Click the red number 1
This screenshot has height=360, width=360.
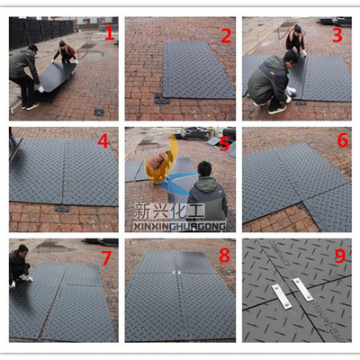(x=110, y=32)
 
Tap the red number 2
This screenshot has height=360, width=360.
(x=226, y=36)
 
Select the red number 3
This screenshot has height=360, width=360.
(x=337, y=35)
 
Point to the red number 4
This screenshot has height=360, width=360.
(x=103, y=141)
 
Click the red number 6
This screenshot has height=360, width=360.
(x=343, y=140)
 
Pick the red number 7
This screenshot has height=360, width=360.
(x=106, y=258)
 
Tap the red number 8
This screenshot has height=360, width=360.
(x=224, y=256)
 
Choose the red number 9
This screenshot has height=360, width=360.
(x=340, y=256)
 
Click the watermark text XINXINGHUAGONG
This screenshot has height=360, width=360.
(x=179, y=226)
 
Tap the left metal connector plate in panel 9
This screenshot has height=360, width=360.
(x=282, y=296)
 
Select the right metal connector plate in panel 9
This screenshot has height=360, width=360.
(x=303, y=289)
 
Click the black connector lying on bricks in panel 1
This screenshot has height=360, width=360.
(x=99, y=112)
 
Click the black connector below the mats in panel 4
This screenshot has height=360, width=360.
(x=62, y=209)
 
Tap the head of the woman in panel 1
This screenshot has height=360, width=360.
(x=62, y=43)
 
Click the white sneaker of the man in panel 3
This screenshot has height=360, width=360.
(x=277, y=109)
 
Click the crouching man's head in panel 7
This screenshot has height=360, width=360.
(x=23, y=249)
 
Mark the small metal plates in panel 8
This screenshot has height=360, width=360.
(x=176, y=273)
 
